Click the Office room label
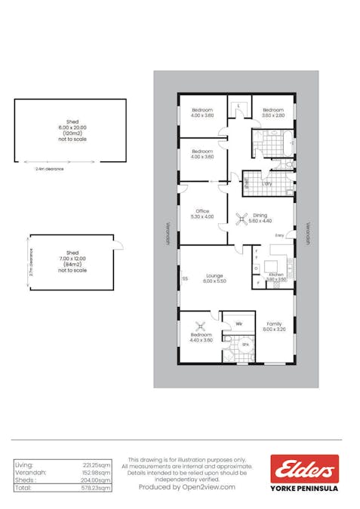[202, 210]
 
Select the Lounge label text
[214, 276]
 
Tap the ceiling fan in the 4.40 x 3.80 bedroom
[202, 327]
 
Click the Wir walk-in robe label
[238, 323]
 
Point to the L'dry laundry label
[267, 184]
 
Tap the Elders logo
[305, 469]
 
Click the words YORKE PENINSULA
[305, 488]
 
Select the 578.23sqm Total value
[96, 489]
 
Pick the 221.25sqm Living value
[97, 465]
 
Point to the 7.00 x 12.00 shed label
[72, 257]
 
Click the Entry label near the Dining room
[278, 235]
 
